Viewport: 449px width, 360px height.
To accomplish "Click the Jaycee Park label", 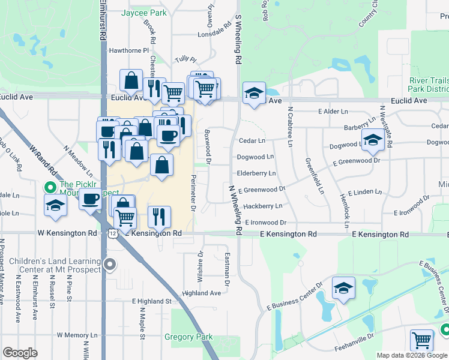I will pyautogui.click(x=143, y=12).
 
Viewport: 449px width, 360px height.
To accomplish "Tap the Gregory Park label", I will pyautogui.click(x=188, y=337).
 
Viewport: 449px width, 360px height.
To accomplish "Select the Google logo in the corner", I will pyautogui.click(x=20, y=353).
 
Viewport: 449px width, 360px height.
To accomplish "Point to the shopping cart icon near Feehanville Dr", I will pyautogui.click(x=422, y=340).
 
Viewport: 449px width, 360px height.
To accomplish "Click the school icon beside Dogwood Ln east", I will pyautogui.click(x=373, y=140).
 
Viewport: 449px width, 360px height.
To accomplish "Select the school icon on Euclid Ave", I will pyautogui.click(x=254, y=92).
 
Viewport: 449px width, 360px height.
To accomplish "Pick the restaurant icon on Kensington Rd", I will pyautogui.click(x=159, y=217).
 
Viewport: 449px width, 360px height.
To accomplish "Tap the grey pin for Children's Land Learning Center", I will pyautogui.click(x=109, y=264).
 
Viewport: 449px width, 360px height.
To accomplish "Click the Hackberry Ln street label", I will pyautogui.click(x=262, y=206).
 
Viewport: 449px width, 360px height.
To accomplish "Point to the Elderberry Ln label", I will pyautogui.click(x=256, y=173).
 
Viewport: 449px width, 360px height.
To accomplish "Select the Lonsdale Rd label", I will pyautogui.click(x=217, y=30).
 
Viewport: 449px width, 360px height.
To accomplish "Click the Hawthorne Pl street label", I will pyautogui.click(x=128, y=50).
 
